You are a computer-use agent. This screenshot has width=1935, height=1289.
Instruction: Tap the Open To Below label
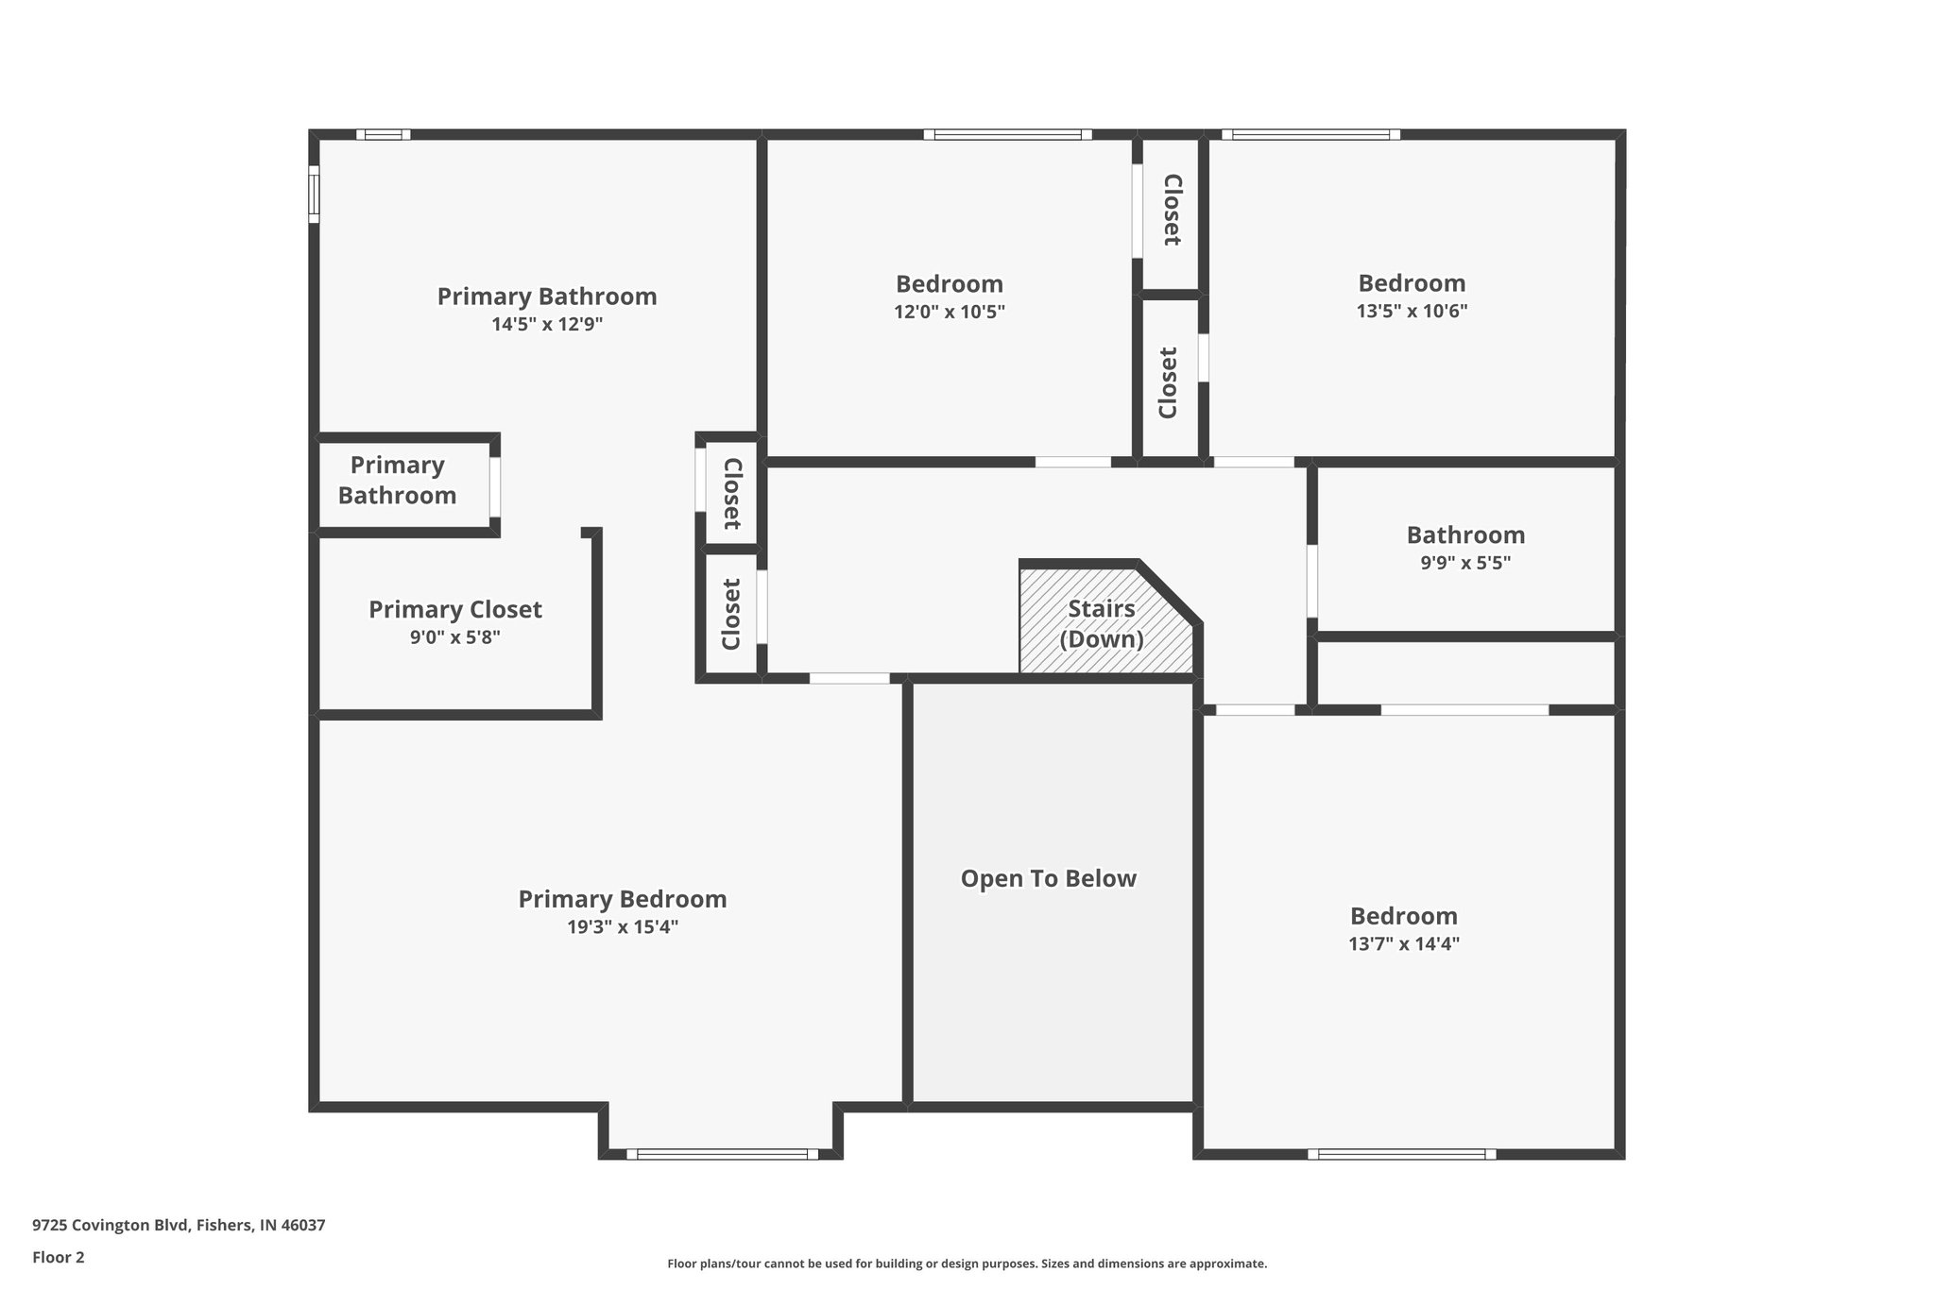[1048, 878]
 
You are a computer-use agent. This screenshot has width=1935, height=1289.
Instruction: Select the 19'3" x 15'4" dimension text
[623, 927]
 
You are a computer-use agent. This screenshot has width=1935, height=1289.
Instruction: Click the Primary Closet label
[454, 609]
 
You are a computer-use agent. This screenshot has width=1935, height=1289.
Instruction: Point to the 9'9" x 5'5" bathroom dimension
[1465, 563]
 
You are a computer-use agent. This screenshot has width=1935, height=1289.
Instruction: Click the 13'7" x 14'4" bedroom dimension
[1404, 943]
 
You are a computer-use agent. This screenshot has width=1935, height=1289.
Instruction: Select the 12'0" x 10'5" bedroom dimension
[950, 312]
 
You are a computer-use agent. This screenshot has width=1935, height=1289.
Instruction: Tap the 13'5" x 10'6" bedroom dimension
[1412, 311]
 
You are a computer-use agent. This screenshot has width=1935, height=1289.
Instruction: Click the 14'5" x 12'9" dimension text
[547, 324]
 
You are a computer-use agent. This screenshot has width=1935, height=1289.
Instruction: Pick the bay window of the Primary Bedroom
[722, 1153]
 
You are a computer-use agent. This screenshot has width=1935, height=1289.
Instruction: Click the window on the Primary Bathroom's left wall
[314, 195]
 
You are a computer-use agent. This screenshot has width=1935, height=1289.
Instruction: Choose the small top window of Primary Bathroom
[384, 135]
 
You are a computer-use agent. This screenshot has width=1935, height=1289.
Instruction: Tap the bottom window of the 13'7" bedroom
[1402, 1153]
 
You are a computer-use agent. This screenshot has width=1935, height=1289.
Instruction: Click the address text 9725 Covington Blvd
[179, 1225]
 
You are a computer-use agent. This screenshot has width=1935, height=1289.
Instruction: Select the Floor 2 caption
[59, 1257]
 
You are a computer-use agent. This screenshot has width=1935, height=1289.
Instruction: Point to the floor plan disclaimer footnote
[967, 1264]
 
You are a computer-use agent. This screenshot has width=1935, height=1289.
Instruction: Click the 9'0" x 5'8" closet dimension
[454, 637]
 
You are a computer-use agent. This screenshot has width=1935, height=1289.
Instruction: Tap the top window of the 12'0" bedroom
[1007, 135]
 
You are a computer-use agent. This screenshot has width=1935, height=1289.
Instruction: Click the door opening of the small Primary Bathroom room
[494, 486]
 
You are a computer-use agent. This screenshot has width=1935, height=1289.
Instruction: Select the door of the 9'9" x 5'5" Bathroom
[1312, 581]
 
